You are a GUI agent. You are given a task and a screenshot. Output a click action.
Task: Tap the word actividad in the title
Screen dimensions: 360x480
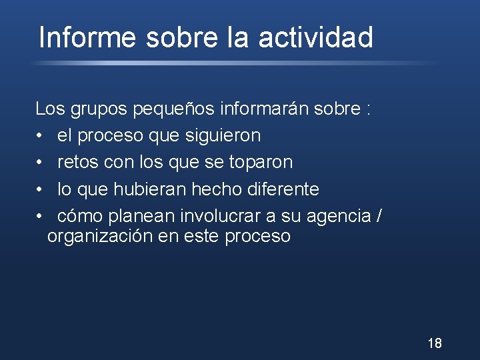click(315, 37)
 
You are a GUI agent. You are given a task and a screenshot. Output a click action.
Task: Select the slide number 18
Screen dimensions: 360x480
click(434, 343)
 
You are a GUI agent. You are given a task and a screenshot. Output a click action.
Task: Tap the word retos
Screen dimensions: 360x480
click(77, 162)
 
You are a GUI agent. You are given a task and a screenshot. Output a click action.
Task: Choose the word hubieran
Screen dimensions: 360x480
click(150, 189)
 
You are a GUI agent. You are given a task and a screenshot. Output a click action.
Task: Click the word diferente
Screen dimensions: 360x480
click(280, 189)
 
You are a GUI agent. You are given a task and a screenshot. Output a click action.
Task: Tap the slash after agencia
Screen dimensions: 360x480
click(379, 216)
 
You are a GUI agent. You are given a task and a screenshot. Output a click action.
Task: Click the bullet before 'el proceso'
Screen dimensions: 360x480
click(41, 136)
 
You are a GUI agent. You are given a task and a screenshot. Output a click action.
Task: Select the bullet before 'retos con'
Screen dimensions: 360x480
click(41, 163)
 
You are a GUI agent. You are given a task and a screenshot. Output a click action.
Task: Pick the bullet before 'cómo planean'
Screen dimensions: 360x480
click(41, 216)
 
